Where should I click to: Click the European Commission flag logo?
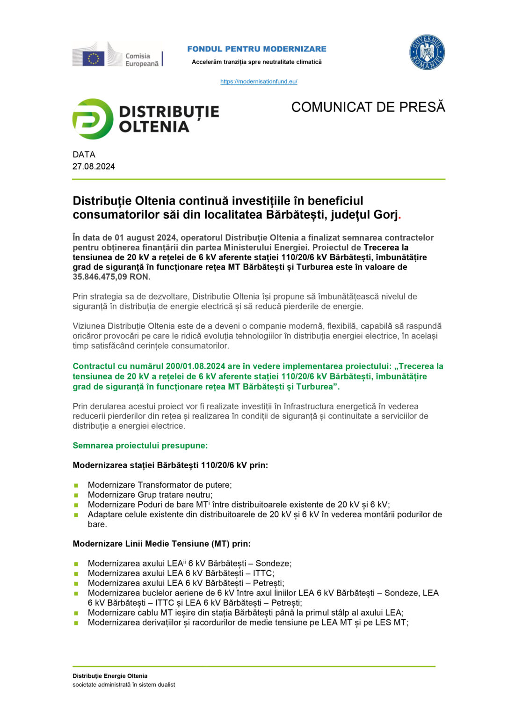(x=94, y=58)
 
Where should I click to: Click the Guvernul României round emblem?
(x=427, y=52)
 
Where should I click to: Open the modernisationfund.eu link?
(x=259, y=81)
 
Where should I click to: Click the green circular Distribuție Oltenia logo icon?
(x=93, y=119)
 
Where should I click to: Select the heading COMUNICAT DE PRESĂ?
(x=368, y=107)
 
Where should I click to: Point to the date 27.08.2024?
(x=94, y=167)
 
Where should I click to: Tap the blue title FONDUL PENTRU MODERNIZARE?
(x=257, y=49)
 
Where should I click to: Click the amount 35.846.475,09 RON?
(x=111, y=277)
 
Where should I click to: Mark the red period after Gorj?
(x=399, y=216)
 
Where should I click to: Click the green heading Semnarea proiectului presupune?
(x=140, y=446)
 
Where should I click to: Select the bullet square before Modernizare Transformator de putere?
(x=76, y=485)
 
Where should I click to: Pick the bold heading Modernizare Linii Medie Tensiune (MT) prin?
(x=161, y=544)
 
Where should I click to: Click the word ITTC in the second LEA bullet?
(x=262, y=573)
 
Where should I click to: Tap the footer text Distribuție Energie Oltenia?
(x=110, y=676)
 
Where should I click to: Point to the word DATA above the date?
(x=84, y=154)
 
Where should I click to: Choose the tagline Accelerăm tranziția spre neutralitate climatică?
(x=257, y=62)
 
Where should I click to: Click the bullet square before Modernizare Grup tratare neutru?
(x=76, y=495)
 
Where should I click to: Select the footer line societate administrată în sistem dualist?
(x=123, y=685)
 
